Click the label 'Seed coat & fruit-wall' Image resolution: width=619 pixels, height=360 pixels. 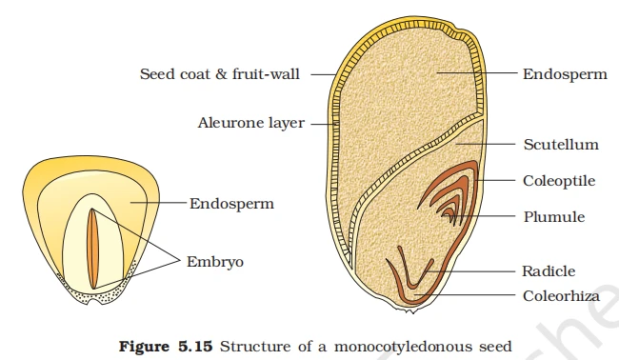tap(219, 73)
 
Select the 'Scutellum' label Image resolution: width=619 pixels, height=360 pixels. tap(561, 145)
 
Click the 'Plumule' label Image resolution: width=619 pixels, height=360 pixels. tap(553, 216)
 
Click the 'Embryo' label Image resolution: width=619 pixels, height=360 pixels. tap(215, 259)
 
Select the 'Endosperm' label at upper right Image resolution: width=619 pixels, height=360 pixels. tap(565, 73)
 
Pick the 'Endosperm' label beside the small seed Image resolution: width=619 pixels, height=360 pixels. tap(231, 203)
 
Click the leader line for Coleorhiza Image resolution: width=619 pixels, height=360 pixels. tap(476, 295)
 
